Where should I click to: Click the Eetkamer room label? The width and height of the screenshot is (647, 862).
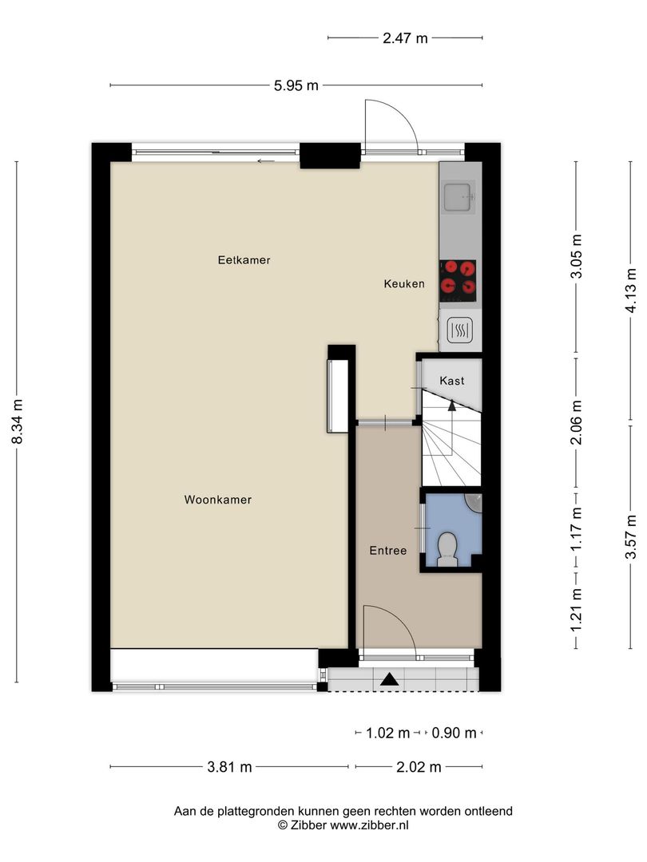(x=244, y=260)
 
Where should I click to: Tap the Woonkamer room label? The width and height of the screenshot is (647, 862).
(x=218, y=500)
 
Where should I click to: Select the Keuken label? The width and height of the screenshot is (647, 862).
(x=404, y=283)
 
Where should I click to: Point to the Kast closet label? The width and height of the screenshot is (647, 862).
(x=451, y=381)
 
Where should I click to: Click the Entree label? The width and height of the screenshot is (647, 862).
(x=388, y=550)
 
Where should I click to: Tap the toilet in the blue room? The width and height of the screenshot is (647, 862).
(x=447, y=548)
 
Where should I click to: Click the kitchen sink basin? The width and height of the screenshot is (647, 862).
(x=458, y=197)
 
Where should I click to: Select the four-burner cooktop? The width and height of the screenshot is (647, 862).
(x=458, y=281)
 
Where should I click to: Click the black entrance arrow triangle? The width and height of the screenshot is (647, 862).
(x=390, y=680)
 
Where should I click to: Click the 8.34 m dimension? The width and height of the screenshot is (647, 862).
(x=18, y=421)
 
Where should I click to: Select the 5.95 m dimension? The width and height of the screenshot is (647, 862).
(x=296, y=85)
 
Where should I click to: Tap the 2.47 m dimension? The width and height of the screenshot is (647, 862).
(x=405, y=38)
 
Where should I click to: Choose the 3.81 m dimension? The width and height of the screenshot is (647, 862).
(x=229, y=766)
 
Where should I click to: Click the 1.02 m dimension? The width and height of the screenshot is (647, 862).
(x=388, y=733)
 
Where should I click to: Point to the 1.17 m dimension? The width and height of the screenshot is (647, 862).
(x=576, y=529)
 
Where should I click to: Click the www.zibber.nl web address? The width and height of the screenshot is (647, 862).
(x=369, y=825)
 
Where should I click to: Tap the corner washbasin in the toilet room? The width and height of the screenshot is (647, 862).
(x=474, y=502)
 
